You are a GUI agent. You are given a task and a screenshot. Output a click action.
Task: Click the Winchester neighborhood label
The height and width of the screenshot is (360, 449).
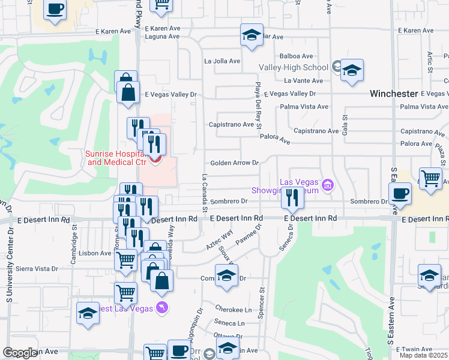393,94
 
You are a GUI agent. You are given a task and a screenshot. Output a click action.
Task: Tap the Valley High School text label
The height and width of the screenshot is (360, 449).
294,67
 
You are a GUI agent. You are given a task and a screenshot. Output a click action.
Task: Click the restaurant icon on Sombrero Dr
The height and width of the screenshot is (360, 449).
292,198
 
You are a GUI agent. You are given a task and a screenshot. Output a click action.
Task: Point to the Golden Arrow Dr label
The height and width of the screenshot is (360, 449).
234,163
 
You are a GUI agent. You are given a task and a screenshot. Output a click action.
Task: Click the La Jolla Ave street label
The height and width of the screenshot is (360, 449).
222,61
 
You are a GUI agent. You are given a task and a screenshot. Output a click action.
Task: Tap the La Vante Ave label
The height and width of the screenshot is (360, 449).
303,80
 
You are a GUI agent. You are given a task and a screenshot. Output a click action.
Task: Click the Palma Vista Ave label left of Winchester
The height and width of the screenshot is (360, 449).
305,107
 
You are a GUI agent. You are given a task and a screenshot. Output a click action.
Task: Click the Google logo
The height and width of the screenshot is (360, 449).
20,353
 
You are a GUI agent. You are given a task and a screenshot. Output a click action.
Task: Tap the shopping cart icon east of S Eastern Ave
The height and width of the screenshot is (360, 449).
430,178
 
